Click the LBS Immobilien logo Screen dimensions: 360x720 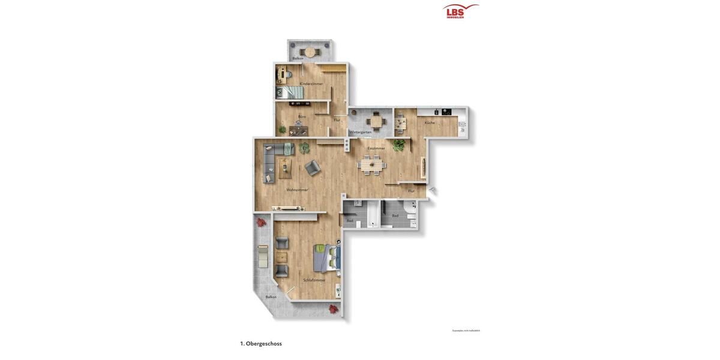(460, 11)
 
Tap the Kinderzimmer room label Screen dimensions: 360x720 (311, 83)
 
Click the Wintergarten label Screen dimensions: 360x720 (361, 132)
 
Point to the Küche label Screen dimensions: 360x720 (430, 122)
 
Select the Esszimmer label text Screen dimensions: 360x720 (376, 148)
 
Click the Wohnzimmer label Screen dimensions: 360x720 (297, 190)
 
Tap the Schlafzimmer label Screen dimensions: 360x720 (314, 280)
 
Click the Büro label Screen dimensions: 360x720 (302, 116)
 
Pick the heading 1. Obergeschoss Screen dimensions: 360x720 (261, 344)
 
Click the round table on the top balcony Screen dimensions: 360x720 (310, 52)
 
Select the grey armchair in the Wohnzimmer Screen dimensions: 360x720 (312, 168)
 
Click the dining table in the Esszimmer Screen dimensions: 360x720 (371, 164)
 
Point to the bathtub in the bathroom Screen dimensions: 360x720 (373, 214)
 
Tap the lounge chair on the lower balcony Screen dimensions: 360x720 (262, 256)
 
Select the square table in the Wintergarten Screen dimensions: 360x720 (376, 122)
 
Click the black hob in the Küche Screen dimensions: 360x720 (446, 112)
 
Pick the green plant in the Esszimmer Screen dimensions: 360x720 (398, 145)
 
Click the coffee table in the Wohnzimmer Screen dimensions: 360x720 (284, 169)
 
